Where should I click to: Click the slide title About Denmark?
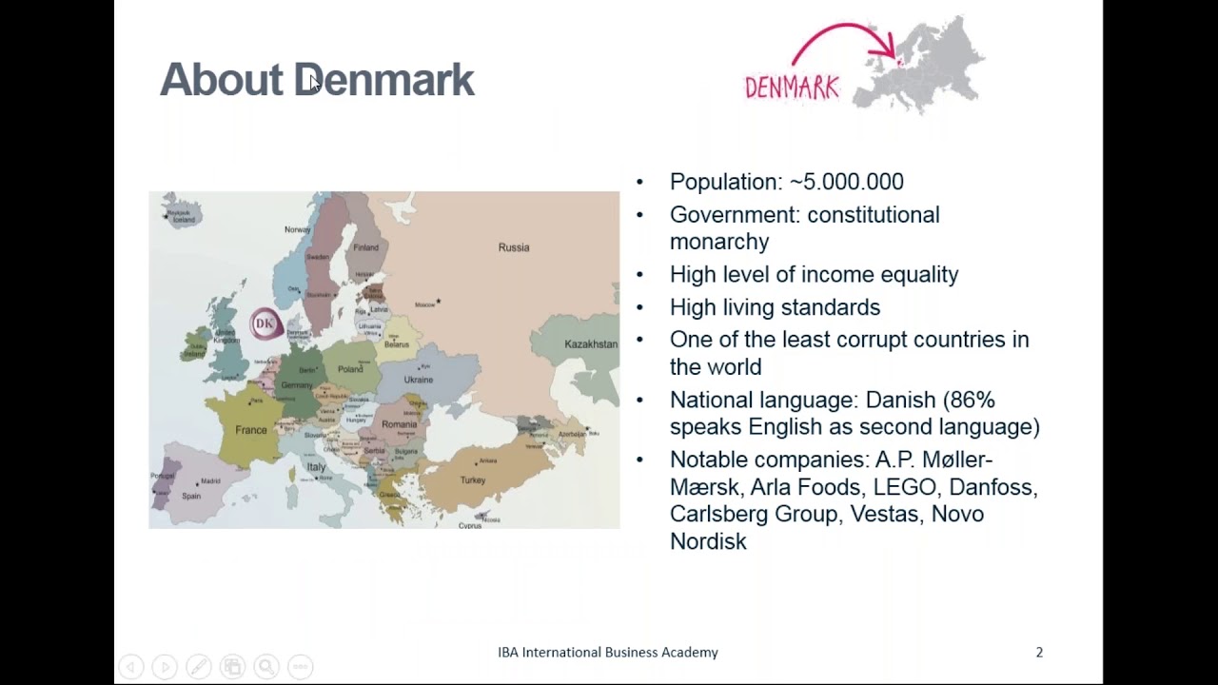pos(317,80)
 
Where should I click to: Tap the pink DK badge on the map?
pos(265,323)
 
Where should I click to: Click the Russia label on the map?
pos(514,247)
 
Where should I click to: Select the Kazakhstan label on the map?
pos(591,344)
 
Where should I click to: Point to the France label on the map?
pos(251,430)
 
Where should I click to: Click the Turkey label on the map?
pos(473,480)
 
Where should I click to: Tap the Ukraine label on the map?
pos(419,380)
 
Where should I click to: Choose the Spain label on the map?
pos(191,496)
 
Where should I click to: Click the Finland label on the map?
pos(366,247)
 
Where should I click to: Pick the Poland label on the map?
pos(350,369)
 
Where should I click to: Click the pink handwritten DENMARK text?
pos(792,88)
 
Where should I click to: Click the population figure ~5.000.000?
pos(847,182)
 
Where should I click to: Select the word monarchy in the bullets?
pos(719,242)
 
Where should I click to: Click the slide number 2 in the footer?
pos(1039,653)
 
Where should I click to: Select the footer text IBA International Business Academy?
pos(608,653)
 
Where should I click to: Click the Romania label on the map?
pos(400,424)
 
